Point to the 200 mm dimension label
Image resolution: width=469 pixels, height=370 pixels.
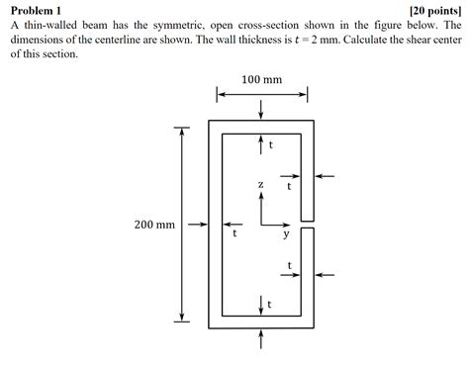pyautogui.click(x=154, y=226)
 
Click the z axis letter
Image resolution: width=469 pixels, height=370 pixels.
pyautogui.click(x=260, y=185)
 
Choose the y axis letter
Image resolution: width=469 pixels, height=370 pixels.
pyautogui.click(x=286, y=235)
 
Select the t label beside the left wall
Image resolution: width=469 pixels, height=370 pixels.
pyautogui.click(x=234, y=235)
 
